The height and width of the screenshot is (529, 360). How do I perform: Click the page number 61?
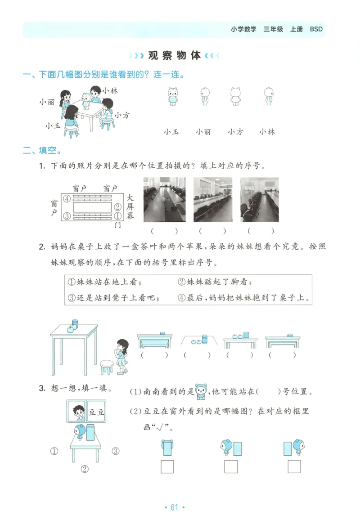pos(174,507)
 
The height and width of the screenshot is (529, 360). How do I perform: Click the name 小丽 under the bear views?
pos(203,132)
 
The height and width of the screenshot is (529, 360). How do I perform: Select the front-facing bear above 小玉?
pos(172,96)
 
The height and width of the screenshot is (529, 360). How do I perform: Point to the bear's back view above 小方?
pos(235,96)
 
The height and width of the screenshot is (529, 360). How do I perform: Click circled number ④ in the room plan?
pos(67,198)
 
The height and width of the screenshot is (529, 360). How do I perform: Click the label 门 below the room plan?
pos(118,225)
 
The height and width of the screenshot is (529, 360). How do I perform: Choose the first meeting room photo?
pos(164,199)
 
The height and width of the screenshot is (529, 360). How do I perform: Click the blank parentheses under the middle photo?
pos(212,231)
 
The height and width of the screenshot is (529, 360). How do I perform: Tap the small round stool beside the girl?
pos(107,367)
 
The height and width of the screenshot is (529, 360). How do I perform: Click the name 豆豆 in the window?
pos(97,412)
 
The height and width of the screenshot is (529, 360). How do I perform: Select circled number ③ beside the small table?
pos(115,451)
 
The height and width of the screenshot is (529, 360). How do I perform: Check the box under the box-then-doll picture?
pos(295,467)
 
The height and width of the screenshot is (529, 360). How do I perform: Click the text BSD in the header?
pos(316,29)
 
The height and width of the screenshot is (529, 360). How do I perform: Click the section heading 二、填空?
pos(42,150)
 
